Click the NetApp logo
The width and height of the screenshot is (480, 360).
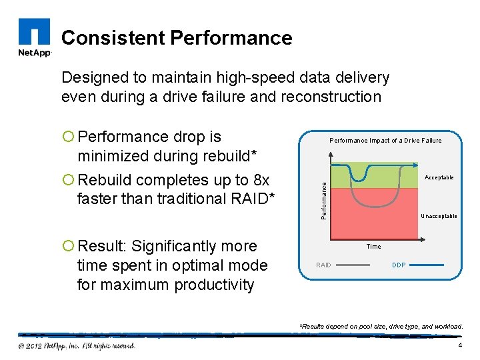[33, 38]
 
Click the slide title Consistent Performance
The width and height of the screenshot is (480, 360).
[177, 38]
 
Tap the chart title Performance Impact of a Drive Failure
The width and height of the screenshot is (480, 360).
[385, 141]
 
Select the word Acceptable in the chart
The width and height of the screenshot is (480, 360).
[439, 177]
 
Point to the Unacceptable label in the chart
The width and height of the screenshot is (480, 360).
[439, 216]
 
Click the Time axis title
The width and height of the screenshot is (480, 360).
[373, 247]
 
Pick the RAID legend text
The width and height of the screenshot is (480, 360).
[323, 265]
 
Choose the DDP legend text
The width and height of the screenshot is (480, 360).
[399, 265]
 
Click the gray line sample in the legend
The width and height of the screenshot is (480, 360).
[353, 265]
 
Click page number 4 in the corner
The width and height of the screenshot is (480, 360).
[460, 345]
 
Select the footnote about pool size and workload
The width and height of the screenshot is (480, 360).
[381, 326]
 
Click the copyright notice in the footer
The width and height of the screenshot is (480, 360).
[77, 345]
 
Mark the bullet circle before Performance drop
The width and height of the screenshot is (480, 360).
[69, 137]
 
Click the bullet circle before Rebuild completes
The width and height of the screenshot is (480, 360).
[69, 181]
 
